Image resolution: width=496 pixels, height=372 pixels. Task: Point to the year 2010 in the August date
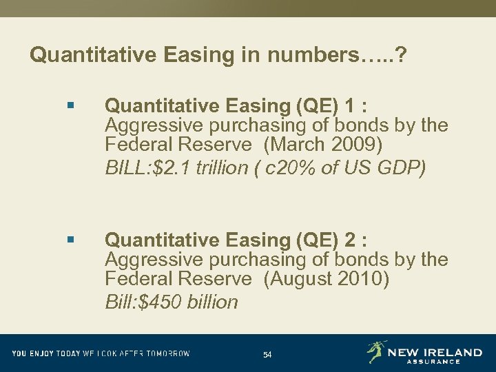tap(368, 279)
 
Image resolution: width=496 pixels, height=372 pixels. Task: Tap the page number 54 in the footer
tap(267, 355)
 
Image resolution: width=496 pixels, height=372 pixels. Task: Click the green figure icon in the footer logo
tap(376, 351)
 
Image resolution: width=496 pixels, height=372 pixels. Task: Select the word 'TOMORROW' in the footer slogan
tap(168, 353)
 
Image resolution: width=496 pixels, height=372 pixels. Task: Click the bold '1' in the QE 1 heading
tap(351, 106)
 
